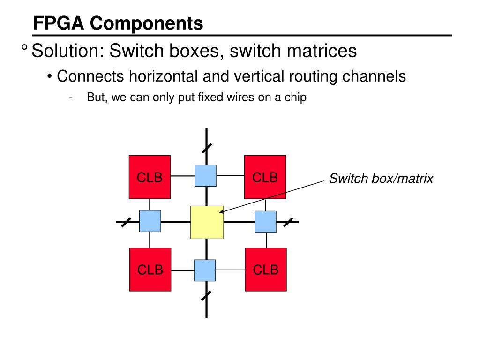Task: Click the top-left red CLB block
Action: pos(150,177)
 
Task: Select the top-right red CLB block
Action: pos(265,177)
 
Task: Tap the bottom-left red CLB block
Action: pos(150,269)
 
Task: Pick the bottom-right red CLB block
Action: pos(266,269)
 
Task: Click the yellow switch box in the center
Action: pos(207,222)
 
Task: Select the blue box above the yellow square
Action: pos(205,176)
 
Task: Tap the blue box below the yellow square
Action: pos(205,270)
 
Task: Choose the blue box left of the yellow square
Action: pos(150,221)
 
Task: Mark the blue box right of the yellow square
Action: pos(265,222)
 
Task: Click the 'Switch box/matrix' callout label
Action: pos(381,179)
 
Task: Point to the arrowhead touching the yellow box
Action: pos(222,212)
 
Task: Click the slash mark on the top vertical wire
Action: pos(207,148)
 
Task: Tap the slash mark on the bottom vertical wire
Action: pos(206,295)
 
